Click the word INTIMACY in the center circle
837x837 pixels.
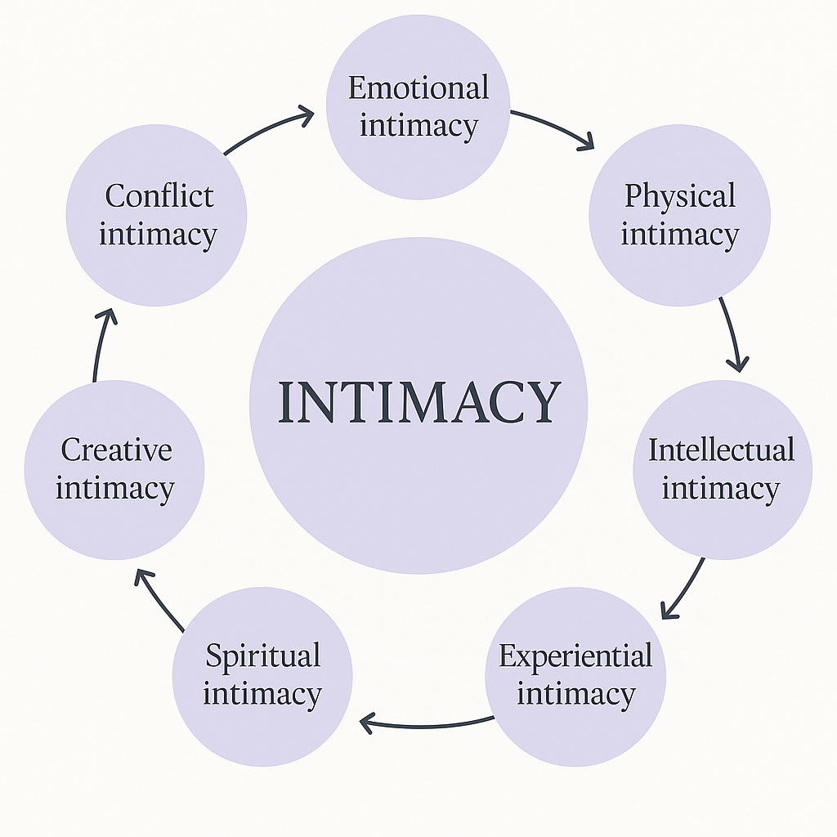[418, 402]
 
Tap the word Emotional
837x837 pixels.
[418, 88]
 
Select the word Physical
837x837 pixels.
[680, 197]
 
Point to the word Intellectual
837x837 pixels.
[722, 450]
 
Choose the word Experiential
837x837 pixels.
[575, 656]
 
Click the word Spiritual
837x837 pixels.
[262, 656]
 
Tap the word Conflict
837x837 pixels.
[159, 196]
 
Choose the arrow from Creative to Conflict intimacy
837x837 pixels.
[101, 343]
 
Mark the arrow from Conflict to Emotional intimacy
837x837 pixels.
[270, 129]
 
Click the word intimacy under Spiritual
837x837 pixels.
[262, 695]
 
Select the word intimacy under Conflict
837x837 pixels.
[159, 235]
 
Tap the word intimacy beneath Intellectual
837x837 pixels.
[722, 489]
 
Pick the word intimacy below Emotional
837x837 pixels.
[418, 127]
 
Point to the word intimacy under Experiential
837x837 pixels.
[575, 695]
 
